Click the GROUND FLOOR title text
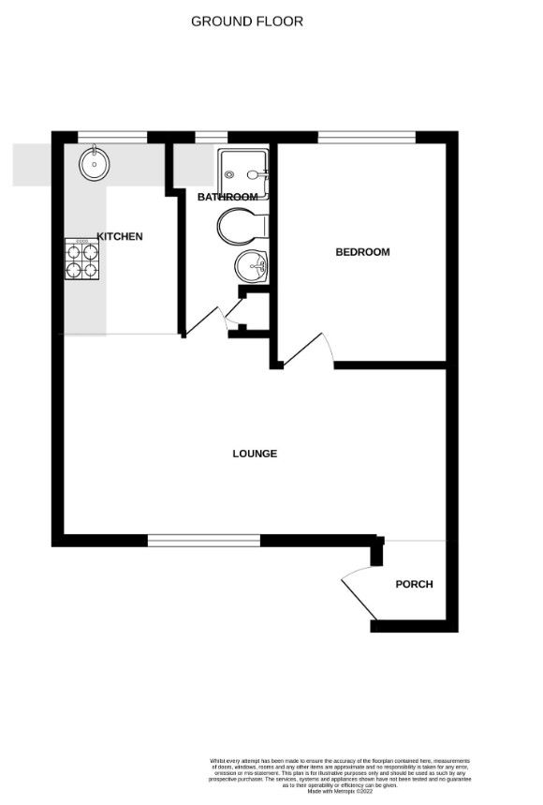click(247, 21)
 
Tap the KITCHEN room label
click(120, 236)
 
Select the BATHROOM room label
click(227, 197)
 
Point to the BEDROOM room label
click(362, 252)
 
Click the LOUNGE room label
click(255, 454)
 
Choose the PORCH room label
click(414, 584)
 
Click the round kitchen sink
click(95, 165)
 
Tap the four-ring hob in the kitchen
click(81, 260)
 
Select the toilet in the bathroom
click(242, 225)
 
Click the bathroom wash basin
click(250, 267)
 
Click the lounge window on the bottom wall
click(203, 540)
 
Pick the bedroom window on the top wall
click(366, 138)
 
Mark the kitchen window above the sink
click(111, 138)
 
